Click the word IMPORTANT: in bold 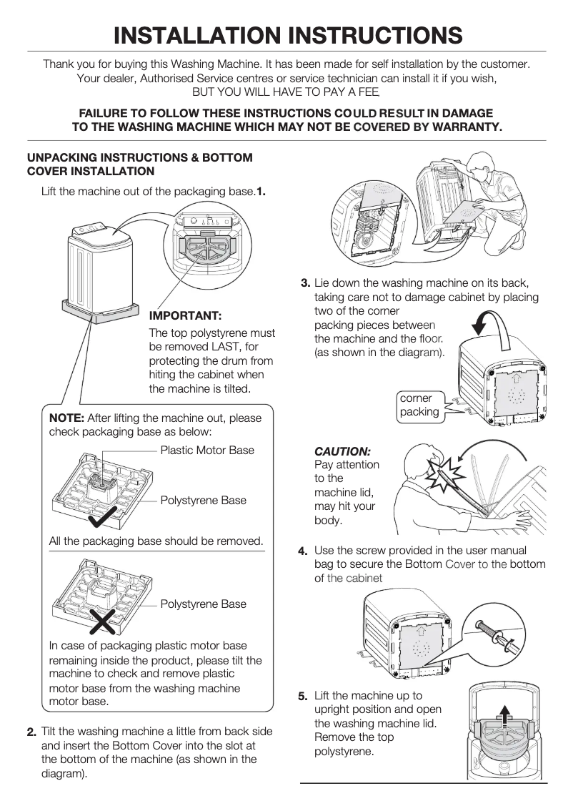[185, 315]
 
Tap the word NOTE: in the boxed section [66, 418]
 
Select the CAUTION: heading [342, 452]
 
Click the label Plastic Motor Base [207, 450]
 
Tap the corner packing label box [419, 405]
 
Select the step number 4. [303, 551]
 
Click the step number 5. [303, 696]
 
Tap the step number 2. [31, 732]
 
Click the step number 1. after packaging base [261, 191]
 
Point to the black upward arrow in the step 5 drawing [505, 716]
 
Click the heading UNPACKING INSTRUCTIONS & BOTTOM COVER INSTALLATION [139, 164]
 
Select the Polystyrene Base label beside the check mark [203, 500]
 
